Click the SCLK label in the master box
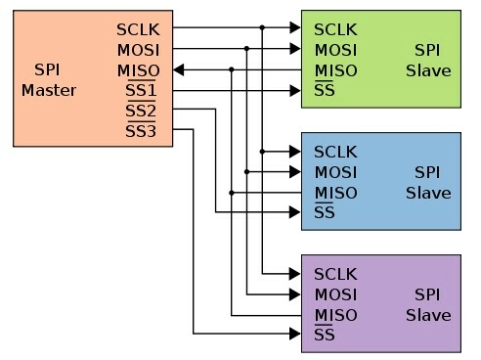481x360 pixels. tap(137, 29)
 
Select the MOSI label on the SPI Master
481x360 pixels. tap(137, 50)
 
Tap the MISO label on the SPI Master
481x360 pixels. tap(137, 70)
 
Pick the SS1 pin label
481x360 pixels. tap(141, 91)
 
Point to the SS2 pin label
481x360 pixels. tap(141, 112)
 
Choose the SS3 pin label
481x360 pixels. tap(141, 132)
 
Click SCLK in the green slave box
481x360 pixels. tap(336, 29)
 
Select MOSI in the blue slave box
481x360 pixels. tap(335, 172)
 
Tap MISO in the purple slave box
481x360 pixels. tap(335, 315)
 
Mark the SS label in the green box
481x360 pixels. tap(326, 91)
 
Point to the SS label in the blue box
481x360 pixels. tap(326, 213)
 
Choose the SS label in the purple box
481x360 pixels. tap(326, 336)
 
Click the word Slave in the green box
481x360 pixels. tap(428, 70)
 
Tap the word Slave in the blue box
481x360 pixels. tap(428, 193)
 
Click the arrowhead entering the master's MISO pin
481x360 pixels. tap(181, 70)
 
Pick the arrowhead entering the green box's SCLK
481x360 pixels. tap(294, 28)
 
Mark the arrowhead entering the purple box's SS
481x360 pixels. tap(294, 335)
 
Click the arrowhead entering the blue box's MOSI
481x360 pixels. tap(294, 171)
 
